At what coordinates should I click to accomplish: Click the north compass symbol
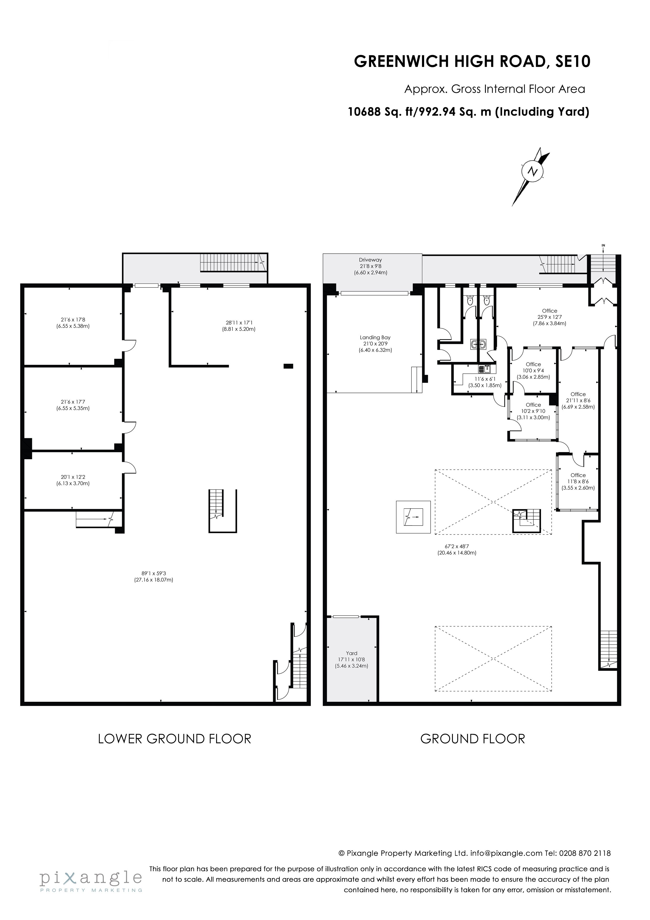point(532,172)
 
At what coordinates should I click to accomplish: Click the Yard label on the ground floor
point(352,653)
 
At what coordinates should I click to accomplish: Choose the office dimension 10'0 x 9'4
point(533,371)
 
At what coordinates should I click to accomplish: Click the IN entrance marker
point(603,245)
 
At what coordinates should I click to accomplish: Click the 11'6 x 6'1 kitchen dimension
point(485,379)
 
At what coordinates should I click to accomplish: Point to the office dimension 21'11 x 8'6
point(578,400)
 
